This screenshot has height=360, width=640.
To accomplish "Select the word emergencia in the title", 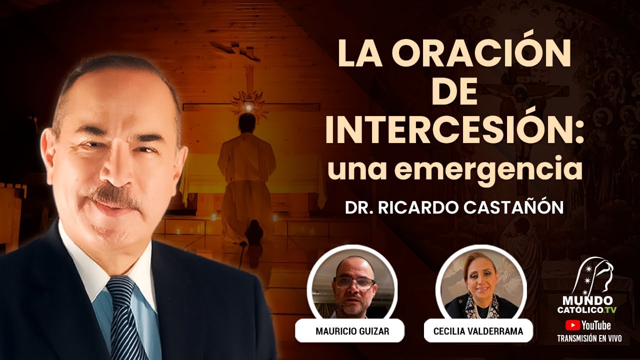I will pos(500,169).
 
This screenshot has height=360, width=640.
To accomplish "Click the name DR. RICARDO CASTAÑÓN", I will pos(454,208).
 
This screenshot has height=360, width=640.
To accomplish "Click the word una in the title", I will pos(355,169).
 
